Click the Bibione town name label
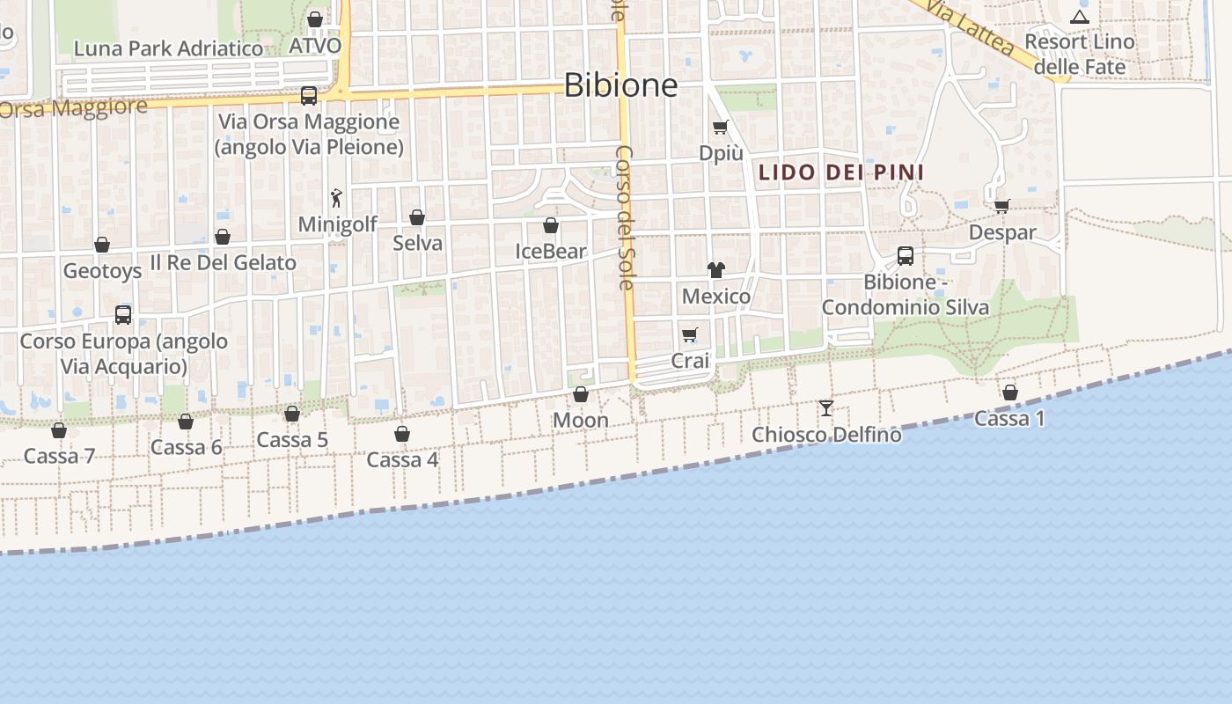click(x=620, y=85)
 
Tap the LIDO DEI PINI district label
click(x=841, y=172)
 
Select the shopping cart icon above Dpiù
click(x=720, y=128)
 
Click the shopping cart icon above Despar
click(x=1001, y=207)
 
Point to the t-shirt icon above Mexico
click(x=715, y=270)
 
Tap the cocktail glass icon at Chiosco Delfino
click(x=825, y=408)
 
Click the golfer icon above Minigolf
click(x=335, y=198)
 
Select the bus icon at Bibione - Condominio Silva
click(x=905, y=256)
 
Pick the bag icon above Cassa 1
click(x=1009, y=392)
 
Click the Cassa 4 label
click(x=402, y=459)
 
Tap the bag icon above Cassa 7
click(x=59, y=430)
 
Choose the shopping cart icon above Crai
click(x=689, y=335)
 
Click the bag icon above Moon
click(x=580, y=394)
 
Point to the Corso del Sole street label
click(x=624, y=217)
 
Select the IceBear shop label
click(x=551, y=252)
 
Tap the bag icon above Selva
click(x=417, y=217)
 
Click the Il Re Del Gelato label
click(x=223, y=262)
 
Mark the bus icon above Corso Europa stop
click(x=123, y=314)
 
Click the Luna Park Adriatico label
click(x=169, y=48)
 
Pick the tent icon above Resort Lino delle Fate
click(x=1079, y=16)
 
